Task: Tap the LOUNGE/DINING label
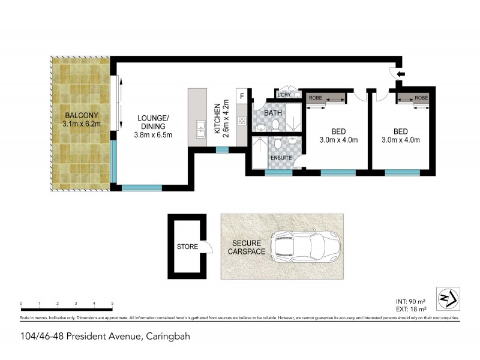tap(152, 126)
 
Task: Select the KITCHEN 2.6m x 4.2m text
tap(221, 118)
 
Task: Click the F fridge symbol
tap(242, 96)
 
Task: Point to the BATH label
tap(274, 112)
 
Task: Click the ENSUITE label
tap(281, 158)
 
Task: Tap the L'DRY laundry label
tap(283, 94)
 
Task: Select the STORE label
tap(187, 247)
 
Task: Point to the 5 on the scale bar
tap(112, 304)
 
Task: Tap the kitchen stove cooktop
tap(242, 121)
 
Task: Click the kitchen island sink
tap(201, 127)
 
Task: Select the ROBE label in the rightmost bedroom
tap(421, 97)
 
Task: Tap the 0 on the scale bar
tap(21, 304)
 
